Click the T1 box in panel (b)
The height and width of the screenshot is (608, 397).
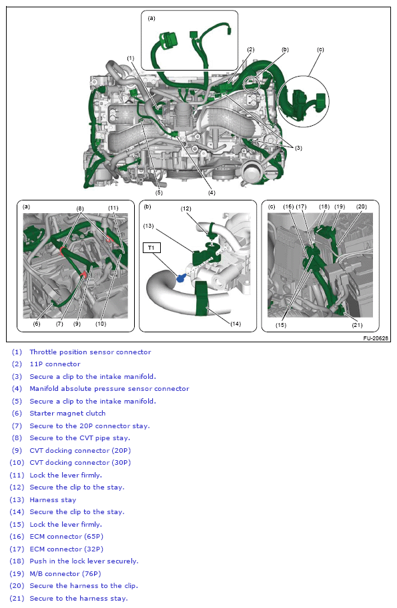(x=151, y=248)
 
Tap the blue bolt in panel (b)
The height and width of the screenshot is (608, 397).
(x=180, y=278)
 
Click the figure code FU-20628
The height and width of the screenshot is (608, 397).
(x=376, y=338)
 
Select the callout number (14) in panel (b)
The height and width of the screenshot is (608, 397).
(x=236, y=324)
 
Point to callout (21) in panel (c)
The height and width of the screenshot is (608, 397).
(x=357, y=325)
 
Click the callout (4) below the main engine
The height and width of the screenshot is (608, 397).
(x=212, y=192)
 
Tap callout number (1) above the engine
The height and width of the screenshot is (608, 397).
(x=131, y=58)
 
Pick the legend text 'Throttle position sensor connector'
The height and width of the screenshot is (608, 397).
(x=90, y=352)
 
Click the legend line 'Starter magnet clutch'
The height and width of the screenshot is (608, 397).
(x=67, y=414)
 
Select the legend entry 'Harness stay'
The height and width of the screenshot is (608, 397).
(x=53, y=500)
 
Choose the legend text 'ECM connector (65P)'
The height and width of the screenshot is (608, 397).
(x=67, y=537)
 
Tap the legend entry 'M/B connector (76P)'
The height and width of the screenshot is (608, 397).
(x=65, y=573)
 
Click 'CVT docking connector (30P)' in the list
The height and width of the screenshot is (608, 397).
(x=80, y=463)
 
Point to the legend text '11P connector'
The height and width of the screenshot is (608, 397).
(x=55, y=364)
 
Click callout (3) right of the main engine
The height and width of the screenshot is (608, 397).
(x=298, y=148)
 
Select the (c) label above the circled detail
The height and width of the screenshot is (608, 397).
(x=320, y=50)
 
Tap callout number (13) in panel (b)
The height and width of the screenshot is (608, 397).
(x=148, y=226)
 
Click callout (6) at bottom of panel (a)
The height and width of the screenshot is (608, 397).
(x=37, y=324)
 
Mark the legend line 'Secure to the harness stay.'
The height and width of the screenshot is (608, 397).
(x=79, y=598)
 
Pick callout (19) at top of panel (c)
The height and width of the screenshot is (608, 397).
(x=340, y=206)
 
